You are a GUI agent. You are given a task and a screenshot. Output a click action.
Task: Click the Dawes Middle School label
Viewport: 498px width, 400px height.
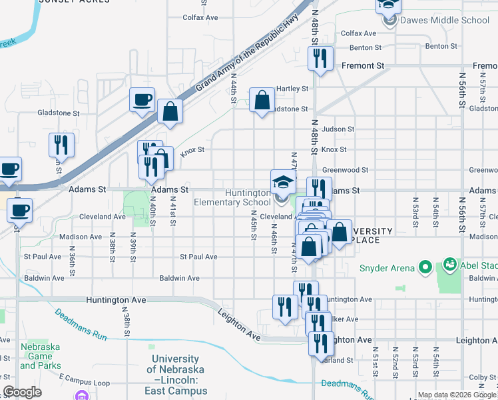(445, 20)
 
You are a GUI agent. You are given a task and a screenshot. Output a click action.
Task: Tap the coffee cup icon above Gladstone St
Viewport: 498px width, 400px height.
(142, 100)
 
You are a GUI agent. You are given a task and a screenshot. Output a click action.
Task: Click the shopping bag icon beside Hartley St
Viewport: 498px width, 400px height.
(262, 101)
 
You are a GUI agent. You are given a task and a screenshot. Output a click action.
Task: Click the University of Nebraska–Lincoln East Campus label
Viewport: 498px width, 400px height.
(177, 375)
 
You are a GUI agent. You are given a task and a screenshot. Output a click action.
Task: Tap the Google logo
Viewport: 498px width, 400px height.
(22, 392)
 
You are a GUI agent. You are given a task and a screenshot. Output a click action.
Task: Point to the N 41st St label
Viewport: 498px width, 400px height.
(172, 211)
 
